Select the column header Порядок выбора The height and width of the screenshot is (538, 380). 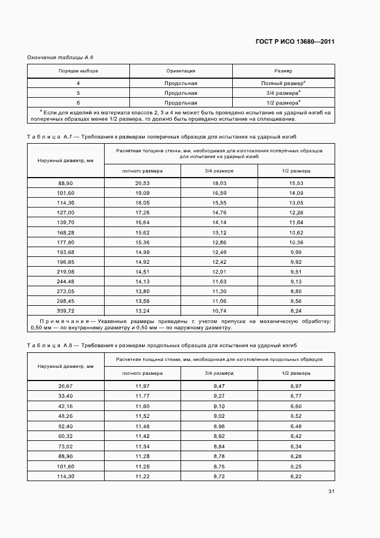[x=78, y=71]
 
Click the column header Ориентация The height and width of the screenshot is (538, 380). [x=181, y=71]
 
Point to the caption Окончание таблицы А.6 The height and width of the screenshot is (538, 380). [x=56, y=58]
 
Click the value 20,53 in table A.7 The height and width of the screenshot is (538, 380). [x=143, y=183]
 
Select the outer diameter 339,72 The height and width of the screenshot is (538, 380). [x=66, y=310]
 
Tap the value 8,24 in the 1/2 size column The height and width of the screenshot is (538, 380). [x=296, y=310]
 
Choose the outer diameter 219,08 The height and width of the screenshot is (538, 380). [x=66, y=271]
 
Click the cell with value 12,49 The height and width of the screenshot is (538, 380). [x=220, y=251]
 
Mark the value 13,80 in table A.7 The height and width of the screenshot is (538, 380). [x=143, y=290]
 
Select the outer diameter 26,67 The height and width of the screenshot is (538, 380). [x=66, y=386]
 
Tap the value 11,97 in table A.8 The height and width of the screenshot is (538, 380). [x=143, y=386]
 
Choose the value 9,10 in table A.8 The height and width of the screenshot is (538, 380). [x=220, y=406]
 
